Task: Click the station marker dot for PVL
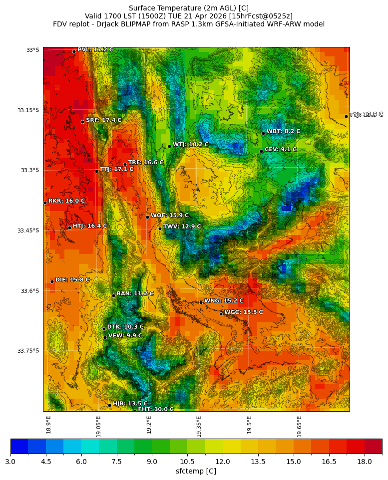tap(74, 51)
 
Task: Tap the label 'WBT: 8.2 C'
tap(283, 131)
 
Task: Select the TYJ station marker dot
tap(346, 116)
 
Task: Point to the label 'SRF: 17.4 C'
tap(103, 120)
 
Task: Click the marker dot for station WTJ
tap(169, 146)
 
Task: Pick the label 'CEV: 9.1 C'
tap(280, 149)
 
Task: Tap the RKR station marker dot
tap(45, 203)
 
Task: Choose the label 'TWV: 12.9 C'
tap(182, 227)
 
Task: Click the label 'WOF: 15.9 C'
tap(170, 216)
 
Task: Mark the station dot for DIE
tap(52, 281)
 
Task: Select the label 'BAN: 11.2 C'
tap(135, 294)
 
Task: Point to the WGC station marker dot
tap(221, 314)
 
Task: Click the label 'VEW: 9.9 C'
tap(125, 336)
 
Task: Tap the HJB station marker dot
tap(109, 405)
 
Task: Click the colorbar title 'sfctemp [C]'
tap(196, 471)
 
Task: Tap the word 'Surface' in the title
tap(142, 8)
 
